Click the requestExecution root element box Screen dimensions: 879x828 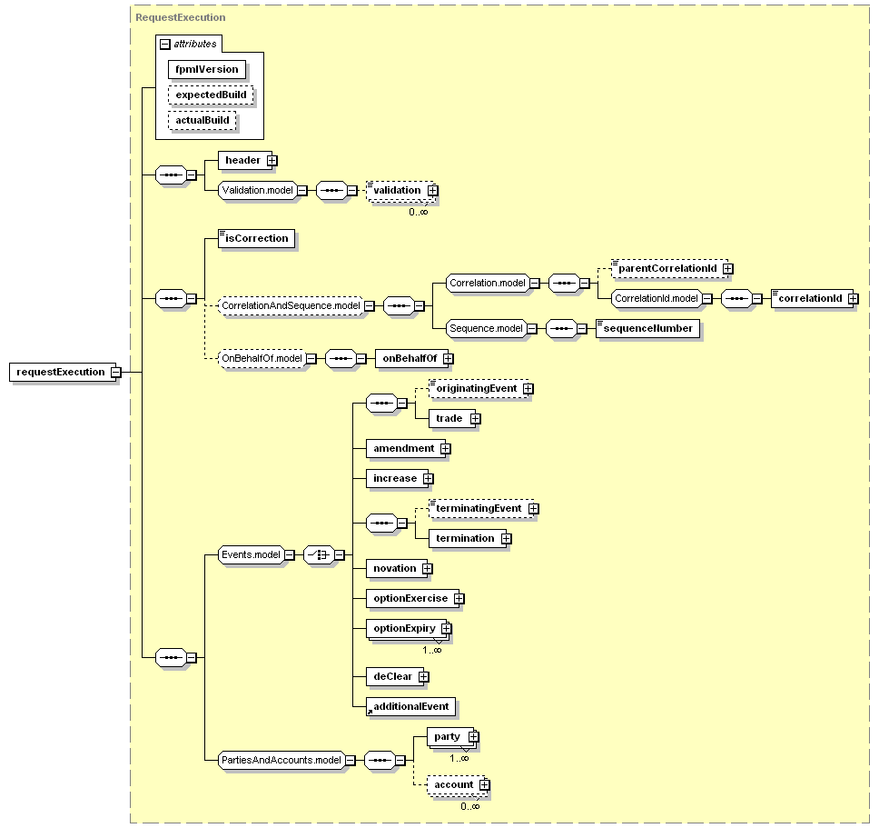tap(63, 372)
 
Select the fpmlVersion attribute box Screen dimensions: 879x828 tap(207, 70)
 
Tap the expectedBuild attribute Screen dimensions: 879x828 tap(211, 95)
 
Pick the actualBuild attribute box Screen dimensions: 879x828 tap(202, 120)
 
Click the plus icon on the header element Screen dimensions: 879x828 tap(272, 161)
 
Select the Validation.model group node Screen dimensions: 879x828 tap(257, 190)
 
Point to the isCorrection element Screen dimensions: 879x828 tap(257, 238)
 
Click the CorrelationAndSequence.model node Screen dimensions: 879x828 tap(291, 305)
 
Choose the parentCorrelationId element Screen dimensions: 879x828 tap(669, 269)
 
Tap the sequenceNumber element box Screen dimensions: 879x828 tap(648, 328)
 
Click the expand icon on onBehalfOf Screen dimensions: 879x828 tap(448, 358)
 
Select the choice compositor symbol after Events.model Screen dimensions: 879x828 tap(319, 554)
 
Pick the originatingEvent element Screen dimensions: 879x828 tap(479, 388)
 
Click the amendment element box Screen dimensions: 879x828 tap(406, 448)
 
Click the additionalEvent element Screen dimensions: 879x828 tap(411, 706)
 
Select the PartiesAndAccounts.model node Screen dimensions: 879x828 tap(281, 760)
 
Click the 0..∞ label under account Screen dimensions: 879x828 tap(470, 806)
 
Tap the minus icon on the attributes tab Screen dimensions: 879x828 tap(165, 44)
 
